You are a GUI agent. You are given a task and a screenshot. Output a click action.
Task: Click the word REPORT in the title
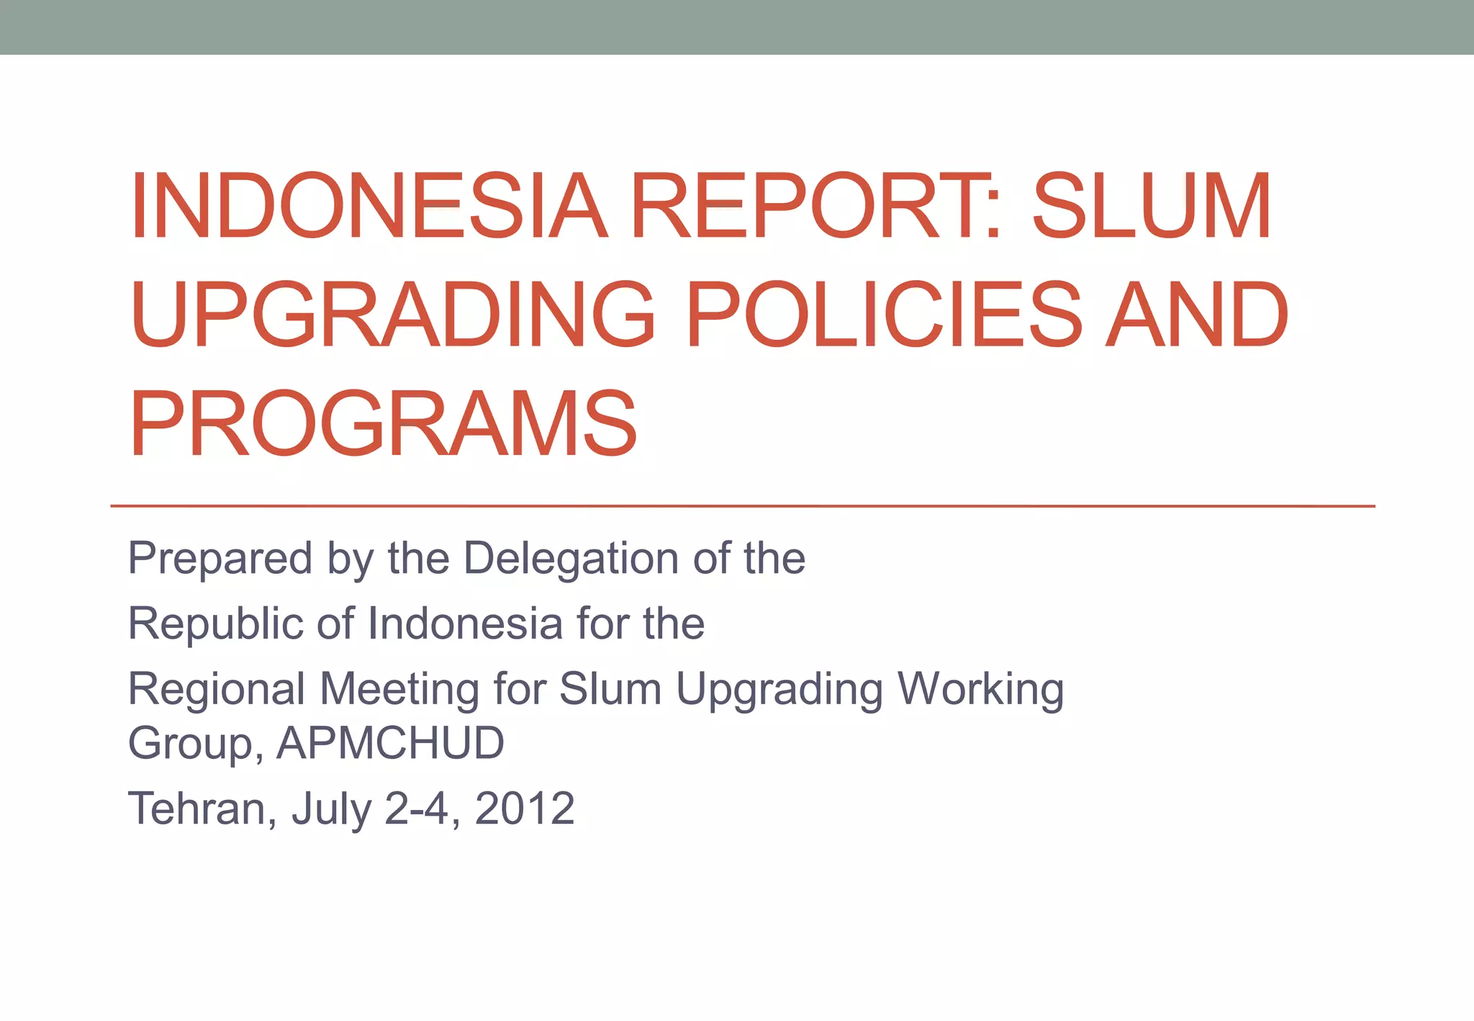(x=805, y=206)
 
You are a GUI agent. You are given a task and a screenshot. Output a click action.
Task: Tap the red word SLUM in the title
(x=1152, y=206)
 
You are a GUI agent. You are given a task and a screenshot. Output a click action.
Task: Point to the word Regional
(x=217, y=690)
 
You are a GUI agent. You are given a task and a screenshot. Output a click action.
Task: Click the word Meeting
(x=399, y=690)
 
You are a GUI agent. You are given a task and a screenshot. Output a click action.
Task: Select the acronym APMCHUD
(x=390, y=743)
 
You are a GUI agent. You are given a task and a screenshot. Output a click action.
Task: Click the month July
(x=332, y=809)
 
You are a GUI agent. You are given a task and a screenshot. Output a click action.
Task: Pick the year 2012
(x=525, y=809)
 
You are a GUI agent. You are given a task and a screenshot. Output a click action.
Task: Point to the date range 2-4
(x=417, y=809)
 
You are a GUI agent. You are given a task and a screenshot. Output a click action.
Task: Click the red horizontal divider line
(x=741, y=506)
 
